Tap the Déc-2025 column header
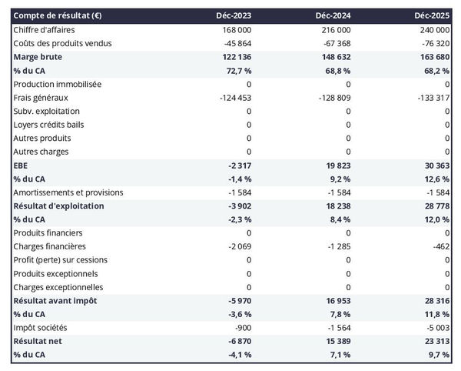click(x=433, y=15)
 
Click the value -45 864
click(x=234, y=43)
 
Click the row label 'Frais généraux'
click(x=41, y=97)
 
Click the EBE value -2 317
click(x=237, y=165)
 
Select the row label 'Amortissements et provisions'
click(x=68, y=192)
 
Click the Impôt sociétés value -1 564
click(x=337, y=327)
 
